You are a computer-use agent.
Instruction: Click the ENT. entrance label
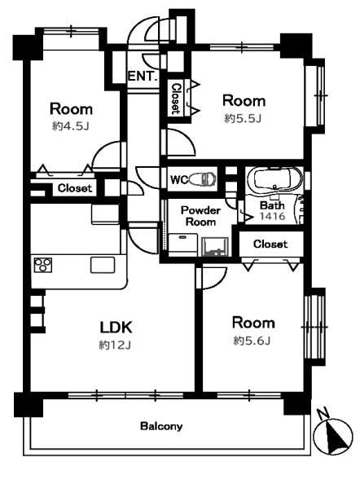point(143,76)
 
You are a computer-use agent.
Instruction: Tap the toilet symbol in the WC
point(202,179)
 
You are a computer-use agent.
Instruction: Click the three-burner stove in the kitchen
point(43,265)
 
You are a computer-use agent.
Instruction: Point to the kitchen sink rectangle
point(103,265)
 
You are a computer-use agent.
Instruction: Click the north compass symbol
point(333,435)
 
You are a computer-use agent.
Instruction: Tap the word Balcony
point(161,427)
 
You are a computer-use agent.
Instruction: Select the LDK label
point(116,328)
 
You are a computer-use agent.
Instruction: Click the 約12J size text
point(115,345)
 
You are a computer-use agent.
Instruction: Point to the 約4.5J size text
point(71,126)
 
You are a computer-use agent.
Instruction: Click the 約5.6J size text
point(252,341)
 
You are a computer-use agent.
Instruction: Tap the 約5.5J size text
point(243,118)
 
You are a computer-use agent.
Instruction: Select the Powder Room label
point(200,216)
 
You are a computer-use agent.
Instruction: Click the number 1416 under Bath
point(272,217)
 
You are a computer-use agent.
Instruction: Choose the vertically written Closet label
point(176,98)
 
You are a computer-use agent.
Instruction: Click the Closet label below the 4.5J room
point(75,188)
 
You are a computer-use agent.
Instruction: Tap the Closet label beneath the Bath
point(270,244)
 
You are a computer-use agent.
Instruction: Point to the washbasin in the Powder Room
point(215,247)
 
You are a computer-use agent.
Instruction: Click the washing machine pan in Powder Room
point(183,244)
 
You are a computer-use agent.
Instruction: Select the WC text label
point(178,179)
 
